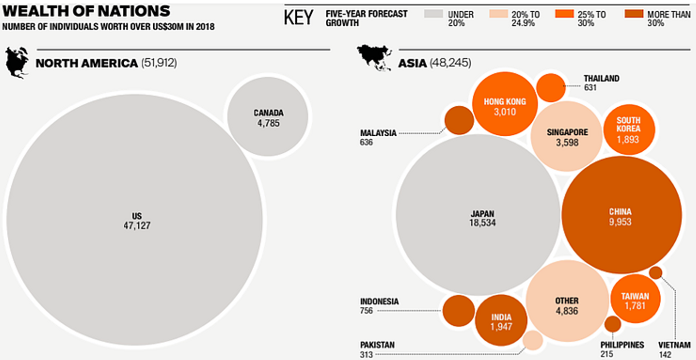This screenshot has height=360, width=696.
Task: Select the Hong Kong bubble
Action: [x=504, y=104]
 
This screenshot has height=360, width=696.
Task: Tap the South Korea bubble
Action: [x=629, y=129]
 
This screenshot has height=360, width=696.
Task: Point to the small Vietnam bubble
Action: [x=655, y=273]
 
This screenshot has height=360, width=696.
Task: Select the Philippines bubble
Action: [x=612, y=324]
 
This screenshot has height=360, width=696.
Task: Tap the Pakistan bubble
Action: [x=533, y=340]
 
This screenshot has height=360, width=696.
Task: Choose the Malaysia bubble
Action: [x=459, y=120]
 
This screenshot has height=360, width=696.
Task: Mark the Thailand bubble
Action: [x=551, y=87]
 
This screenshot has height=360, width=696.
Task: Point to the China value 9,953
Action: [x=620, y=222]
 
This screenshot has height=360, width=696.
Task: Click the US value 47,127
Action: [x=137, y=225]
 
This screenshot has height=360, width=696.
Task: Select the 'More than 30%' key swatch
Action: [x=634, y=14]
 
